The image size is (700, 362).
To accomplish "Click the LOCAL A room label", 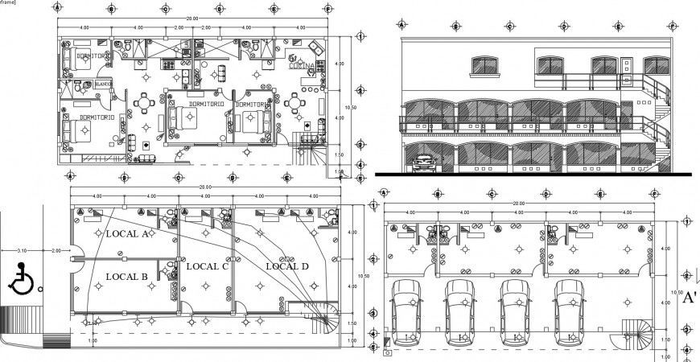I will click(127, 234).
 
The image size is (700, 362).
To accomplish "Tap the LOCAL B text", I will click(126, 276).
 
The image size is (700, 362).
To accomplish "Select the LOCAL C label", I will click(207, 265).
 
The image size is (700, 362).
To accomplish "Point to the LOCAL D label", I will click(286, 265).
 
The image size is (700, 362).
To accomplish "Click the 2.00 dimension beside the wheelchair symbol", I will click(56, 251).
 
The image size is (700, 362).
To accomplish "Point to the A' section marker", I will click(689, 298).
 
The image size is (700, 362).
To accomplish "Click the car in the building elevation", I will click(425, 164).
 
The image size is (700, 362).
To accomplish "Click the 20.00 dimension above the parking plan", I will click(519, 204).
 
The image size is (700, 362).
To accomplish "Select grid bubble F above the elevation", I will click(673, 26).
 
